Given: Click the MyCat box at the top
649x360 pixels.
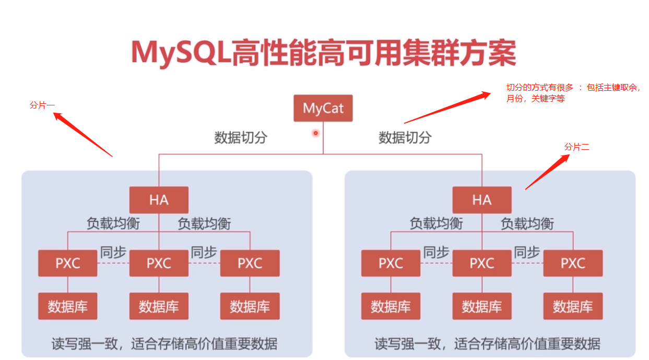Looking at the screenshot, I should pyautogui.click(x=323, y=109).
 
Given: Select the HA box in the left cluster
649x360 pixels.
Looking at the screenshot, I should pyautogui.click(x=159, y=200).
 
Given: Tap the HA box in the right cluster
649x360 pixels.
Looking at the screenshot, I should pyautogui.click(x=482, y=200).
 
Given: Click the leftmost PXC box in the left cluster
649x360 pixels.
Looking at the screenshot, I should pyautogui.click(x=68, y=263).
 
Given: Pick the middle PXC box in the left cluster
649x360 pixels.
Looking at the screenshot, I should pyautogui.click(x=159, y=263).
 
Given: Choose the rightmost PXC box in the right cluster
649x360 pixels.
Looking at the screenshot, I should pyautogui.click(x=573, y=263).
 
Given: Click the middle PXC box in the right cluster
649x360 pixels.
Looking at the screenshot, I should pyautogui.click(x=482, y=263).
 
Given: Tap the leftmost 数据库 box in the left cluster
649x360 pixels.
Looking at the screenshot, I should pyautogui.click(x=68, y=306).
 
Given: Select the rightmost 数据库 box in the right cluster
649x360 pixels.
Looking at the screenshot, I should pyautogui.click(x=573, y=306).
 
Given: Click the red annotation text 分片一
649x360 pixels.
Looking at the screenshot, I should pyautogui.click(x=42, y=105).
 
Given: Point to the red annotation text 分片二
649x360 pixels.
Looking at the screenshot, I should pyautogui.click(x=577, y=147).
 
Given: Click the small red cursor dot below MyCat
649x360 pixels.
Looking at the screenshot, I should pyautogui.click(x=315, y=133).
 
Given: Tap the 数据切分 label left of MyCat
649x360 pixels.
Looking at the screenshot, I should pyautogui.click(x=241, y=138).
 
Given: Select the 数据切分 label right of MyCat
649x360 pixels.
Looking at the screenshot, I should pyautogui.click(x=405, y=138).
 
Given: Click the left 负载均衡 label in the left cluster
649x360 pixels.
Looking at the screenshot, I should pyautogui.click(x=113, y=224).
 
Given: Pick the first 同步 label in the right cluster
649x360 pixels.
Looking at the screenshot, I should pyautogui.click(x=436, y=253).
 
